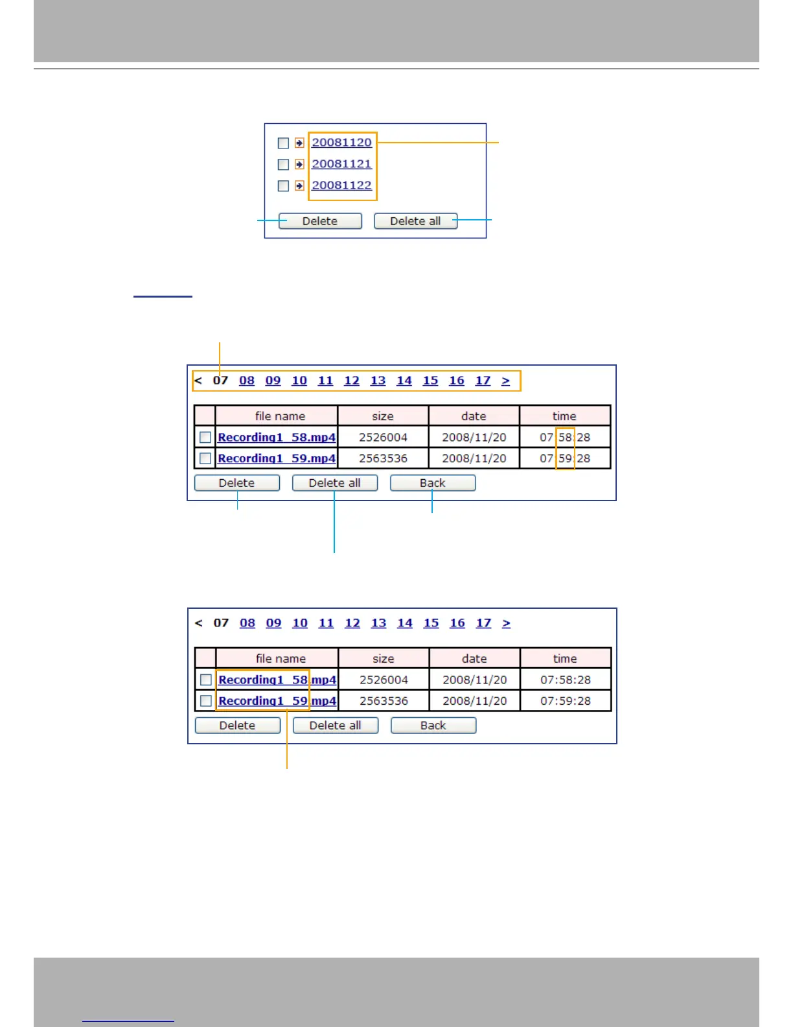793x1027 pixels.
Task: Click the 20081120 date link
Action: pos(341,143)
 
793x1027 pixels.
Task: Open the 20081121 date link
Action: pos(341,164)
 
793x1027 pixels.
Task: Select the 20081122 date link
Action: pos(341,185)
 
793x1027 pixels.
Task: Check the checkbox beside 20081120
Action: pos(283,143)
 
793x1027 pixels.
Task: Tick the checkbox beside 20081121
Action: pos(283,165)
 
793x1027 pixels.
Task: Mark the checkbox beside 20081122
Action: pos(283,186)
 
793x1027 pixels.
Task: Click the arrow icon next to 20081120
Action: pos(299,143)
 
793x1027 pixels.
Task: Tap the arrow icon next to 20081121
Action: pos(299,165)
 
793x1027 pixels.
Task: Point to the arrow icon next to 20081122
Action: pos(299,186)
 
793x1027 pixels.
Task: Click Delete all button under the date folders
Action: pos(415,221)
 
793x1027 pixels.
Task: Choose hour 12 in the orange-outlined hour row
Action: pos(352,381)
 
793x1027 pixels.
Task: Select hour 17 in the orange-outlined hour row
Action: pos(483,381)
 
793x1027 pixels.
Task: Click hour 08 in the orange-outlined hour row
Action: pos(247,381)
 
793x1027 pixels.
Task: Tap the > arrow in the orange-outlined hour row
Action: pos(506,381)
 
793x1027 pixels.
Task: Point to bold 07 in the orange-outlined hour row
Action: pos(220,381)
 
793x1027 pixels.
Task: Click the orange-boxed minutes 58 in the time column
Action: pos(565,438)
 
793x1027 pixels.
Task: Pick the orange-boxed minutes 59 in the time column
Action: pos(565,458)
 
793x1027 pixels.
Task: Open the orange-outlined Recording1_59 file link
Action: pos(263,701)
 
